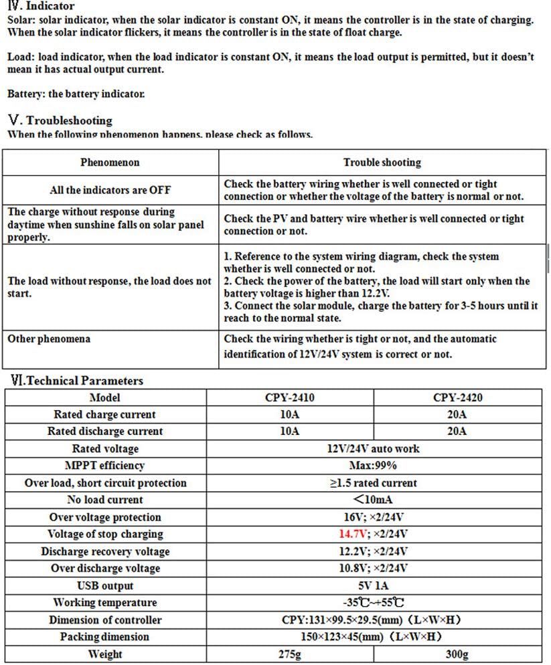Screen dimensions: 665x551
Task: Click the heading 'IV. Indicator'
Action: [x=42, y=6]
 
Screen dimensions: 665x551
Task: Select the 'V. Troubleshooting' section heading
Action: [x=60, y=120]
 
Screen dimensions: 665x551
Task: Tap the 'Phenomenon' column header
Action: [x=110, y=163]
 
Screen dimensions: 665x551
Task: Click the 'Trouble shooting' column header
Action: [x=382, y=163]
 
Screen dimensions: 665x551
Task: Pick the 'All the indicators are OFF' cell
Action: [x=110, y=190]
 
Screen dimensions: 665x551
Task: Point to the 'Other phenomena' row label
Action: [x=49, y=339]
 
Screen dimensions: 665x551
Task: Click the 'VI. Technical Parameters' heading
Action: [x=77, y=381]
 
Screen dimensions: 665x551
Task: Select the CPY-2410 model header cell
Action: [x=289, y=397]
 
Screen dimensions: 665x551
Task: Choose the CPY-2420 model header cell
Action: [x=457, y=397]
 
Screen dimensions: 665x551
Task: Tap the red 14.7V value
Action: [x=351, y=534]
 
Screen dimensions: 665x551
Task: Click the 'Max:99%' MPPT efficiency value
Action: [x=373, y=466]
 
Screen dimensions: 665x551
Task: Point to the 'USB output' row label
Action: [x=105, y=586]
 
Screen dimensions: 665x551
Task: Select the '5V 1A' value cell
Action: [x=373, y=586]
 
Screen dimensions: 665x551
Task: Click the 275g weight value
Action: [x=289, y=654]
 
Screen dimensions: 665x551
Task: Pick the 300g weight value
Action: [x=457, y=654]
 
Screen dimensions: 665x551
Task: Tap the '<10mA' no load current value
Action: [x=373, y=500]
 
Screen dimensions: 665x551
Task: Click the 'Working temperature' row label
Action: [x=105, y=603]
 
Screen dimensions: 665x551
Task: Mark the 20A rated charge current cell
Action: [x=457, y=415]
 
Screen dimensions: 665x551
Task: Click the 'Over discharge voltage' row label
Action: [x=105, y=569]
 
